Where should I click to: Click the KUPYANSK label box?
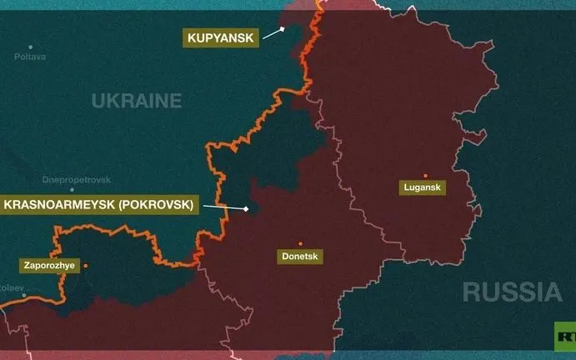pos(218,37)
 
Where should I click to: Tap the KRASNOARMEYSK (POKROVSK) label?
pos(99,204)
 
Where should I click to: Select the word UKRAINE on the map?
pos(137,102)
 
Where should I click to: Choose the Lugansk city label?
pos(424,189)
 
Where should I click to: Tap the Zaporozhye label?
pos(47,266)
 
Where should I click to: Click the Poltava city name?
pos(30,57)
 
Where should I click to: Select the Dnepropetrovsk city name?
pos(76,179)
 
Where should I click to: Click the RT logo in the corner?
pos(566,336)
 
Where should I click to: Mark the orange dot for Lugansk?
pos(425,176)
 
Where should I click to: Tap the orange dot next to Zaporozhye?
pos(85,266)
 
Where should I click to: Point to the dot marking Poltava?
pos(31,47)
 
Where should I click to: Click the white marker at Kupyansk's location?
pos(283,28)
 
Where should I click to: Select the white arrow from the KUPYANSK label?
pos(270,33)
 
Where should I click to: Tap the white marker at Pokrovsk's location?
pos(247,208)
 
